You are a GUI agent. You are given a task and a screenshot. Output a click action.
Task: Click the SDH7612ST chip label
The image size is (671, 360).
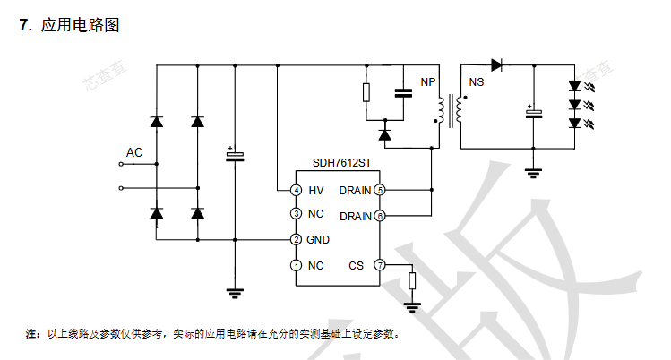point(340,163)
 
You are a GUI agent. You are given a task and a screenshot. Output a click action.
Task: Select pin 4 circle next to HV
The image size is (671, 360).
point(296,190)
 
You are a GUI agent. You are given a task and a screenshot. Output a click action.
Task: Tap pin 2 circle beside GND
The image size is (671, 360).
point(296,240)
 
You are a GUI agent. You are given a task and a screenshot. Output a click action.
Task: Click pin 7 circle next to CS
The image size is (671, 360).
point(380,265)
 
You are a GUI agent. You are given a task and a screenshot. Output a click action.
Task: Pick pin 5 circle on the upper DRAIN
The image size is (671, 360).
point(380,190)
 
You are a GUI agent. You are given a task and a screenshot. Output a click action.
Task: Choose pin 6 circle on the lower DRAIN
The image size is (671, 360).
point(380,216)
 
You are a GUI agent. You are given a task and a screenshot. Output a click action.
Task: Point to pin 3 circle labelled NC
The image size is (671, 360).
point(296,214)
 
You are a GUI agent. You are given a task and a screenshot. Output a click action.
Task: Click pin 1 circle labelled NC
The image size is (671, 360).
point(296,265)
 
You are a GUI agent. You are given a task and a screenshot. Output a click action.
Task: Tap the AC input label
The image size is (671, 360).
point(133,153)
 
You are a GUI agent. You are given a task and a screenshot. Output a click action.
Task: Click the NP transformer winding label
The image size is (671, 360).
point(428,82)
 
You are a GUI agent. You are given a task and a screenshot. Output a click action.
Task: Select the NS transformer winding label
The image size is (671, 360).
point(477,82)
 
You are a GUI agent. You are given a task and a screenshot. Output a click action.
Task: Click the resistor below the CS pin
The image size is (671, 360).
point(412,281)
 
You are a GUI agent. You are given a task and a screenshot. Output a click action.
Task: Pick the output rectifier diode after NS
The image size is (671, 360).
point(497,64)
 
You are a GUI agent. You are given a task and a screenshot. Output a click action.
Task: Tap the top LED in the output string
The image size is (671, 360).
point(574,87)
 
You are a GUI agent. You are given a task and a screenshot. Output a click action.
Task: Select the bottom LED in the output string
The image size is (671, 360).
point(574,124)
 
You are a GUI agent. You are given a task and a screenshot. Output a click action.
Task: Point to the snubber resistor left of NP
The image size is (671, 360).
point(366,92)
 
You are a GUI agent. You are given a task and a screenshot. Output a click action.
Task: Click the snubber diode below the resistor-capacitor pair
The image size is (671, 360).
point(385,134)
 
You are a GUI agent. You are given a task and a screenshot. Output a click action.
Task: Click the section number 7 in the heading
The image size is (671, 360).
point(24,25)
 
